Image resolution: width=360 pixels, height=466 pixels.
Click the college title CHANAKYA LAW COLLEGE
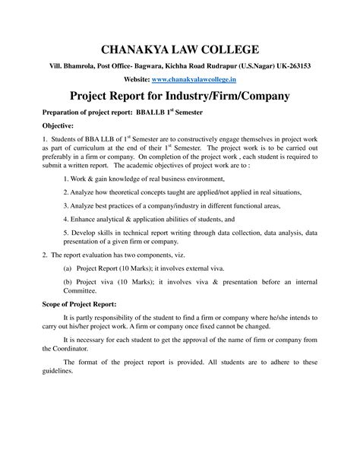(179, 50)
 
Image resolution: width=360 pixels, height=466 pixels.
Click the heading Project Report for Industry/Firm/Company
(179, 97)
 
